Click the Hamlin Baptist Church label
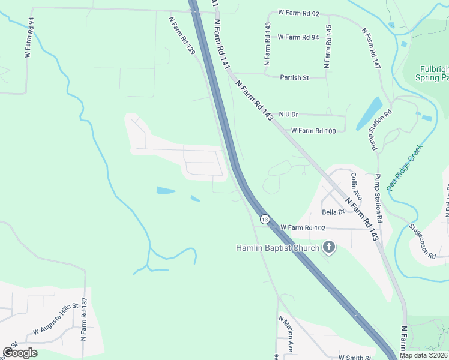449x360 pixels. (x=277, y=247)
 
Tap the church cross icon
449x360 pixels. (x=328, y=247)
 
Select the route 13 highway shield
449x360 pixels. (x=264, y=220)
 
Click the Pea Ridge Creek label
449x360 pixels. (x=405, y=166)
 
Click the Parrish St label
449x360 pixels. (x=294, y=77)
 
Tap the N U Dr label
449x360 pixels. (x=288, y=114)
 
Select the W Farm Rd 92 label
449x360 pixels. (x=298, y=12)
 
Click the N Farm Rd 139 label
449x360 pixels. (x=182, y=35)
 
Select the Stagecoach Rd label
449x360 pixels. (x=422, y=241)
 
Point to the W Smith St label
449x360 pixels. (x=356, y=356)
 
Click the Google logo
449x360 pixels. (x=20, y=353)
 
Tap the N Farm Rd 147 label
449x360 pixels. (x=371, y=48)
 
